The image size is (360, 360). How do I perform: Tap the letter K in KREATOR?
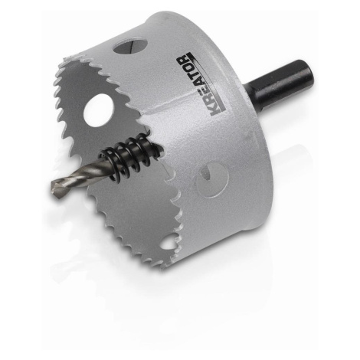214,110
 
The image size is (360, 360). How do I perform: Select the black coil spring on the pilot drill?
127,159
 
